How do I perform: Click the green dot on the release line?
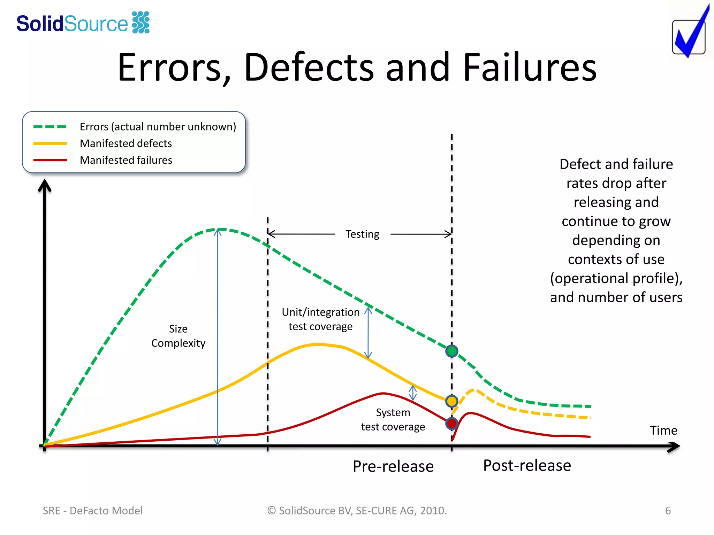coord(451,351)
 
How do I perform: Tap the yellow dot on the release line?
coord(451,401)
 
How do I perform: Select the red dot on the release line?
coord(451,424)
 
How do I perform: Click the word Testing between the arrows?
coord(362,234)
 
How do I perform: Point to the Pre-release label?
coord(393,466)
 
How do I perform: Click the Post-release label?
coord(527,465)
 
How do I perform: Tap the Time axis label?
coord(663,431)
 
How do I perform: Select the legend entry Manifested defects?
coord(126,143)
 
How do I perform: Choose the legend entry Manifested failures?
coord(126,160)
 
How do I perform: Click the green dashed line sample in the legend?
coord(50,127)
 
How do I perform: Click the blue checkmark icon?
coord(690,35)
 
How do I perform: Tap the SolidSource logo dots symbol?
coord(141,22)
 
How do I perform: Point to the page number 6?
coord(668,510)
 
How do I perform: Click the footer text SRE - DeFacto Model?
coord(93,510)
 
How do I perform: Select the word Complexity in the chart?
coord(178,343)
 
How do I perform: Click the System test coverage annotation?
coord(393,419)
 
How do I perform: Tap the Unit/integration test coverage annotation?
coord(320,319)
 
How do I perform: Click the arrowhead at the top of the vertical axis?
coord(45,185)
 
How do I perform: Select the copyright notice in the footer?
coord(357,510)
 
